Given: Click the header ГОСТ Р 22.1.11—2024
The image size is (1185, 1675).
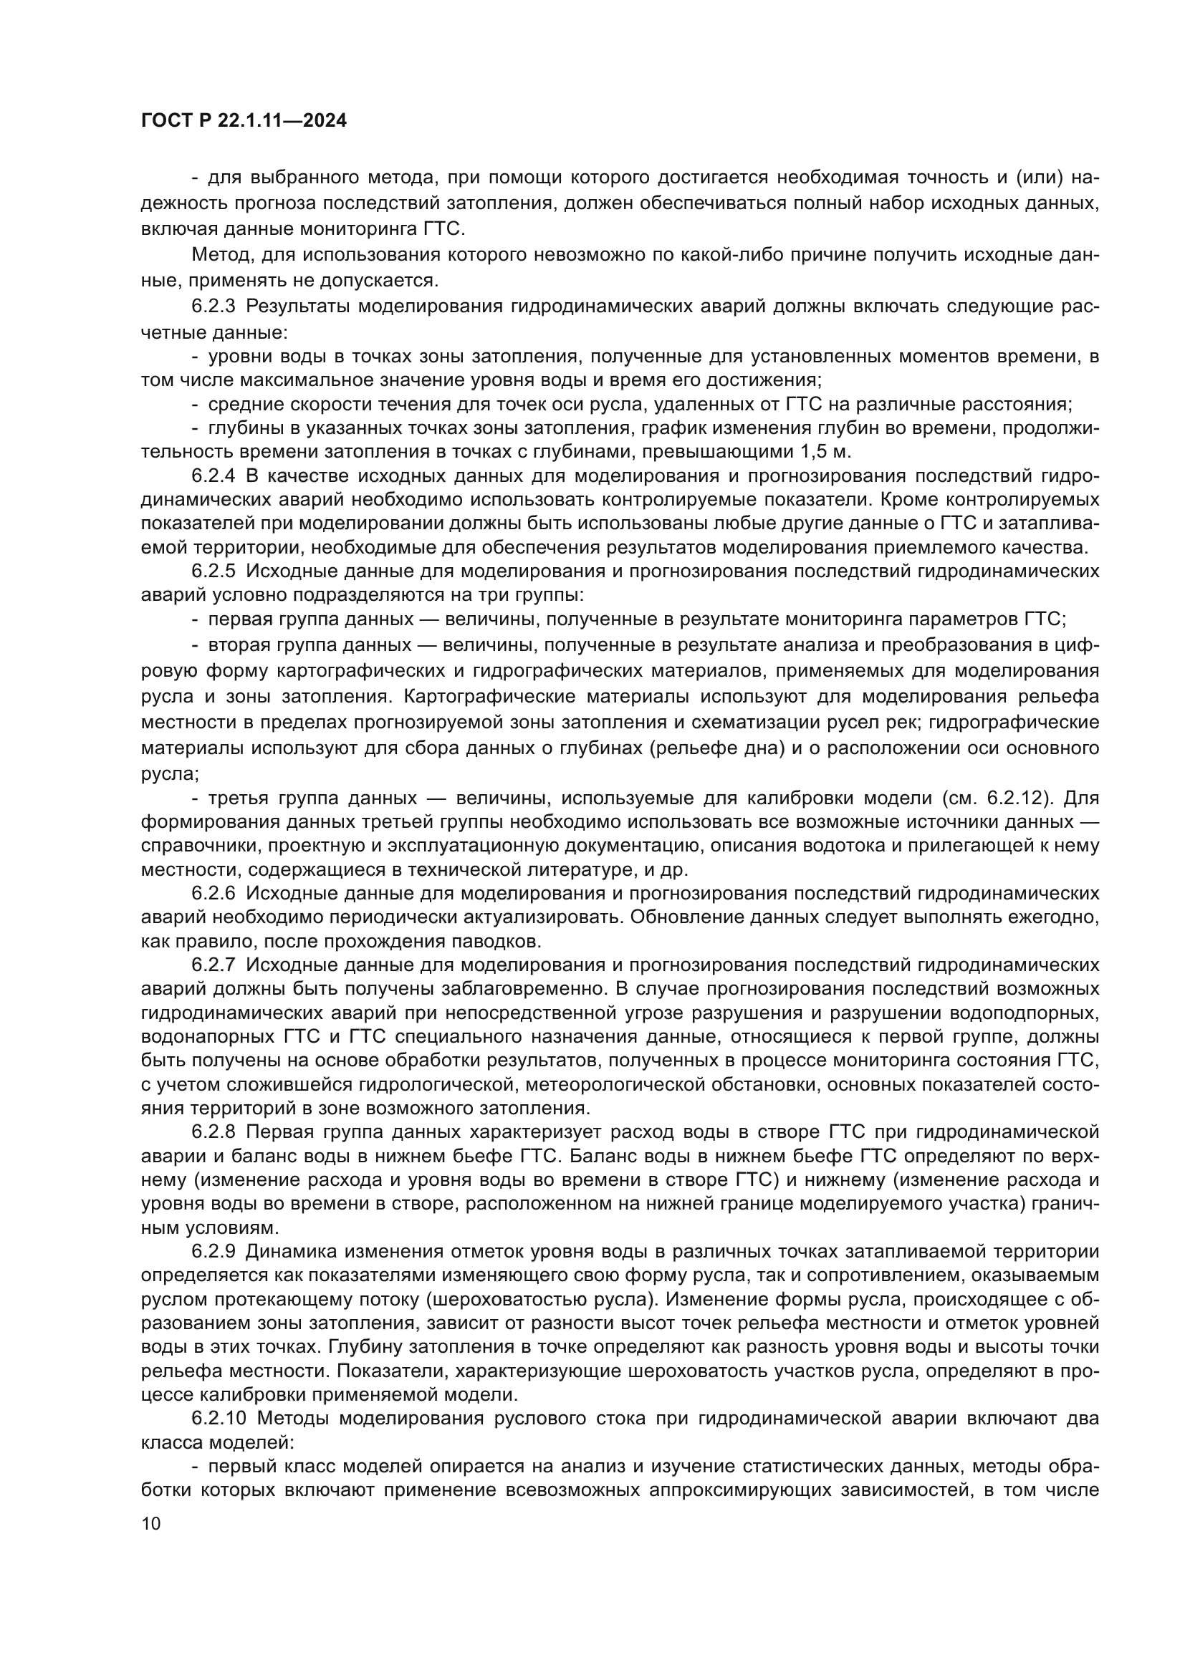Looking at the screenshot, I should [x=244, y=121].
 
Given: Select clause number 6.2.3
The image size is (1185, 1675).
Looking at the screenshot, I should [x=214, y=306].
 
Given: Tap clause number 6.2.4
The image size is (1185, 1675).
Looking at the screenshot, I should [x=214, y=476].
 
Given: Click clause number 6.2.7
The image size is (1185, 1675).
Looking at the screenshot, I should [x=214, y=965].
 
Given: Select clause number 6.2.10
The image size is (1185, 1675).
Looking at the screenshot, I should [x=219, y=1418].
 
